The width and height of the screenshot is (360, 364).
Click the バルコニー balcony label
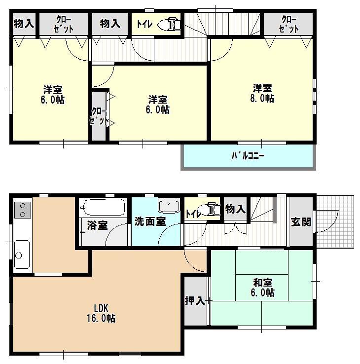[x=248, y=156]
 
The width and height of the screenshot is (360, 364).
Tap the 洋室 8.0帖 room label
[x=263, y=93]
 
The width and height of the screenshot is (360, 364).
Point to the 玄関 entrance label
[x=301, y=221]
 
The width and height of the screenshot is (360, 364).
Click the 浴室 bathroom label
[x=97, y=225]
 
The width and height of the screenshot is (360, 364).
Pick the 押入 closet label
[x=195, y=300]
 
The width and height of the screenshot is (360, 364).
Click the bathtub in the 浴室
[x=104, y=207]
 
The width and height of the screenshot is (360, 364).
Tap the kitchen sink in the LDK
[x=21, y=254]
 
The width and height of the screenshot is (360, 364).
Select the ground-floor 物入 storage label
[x=235, y=209]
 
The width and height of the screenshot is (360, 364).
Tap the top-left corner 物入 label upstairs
[x=24, y=23]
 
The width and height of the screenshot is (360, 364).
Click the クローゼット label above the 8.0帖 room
[x=288, y=24]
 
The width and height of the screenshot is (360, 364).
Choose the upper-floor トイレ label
[x=144, y=24]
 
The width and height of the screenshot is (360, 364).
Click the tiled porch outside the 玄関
[x=335, y=222]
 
